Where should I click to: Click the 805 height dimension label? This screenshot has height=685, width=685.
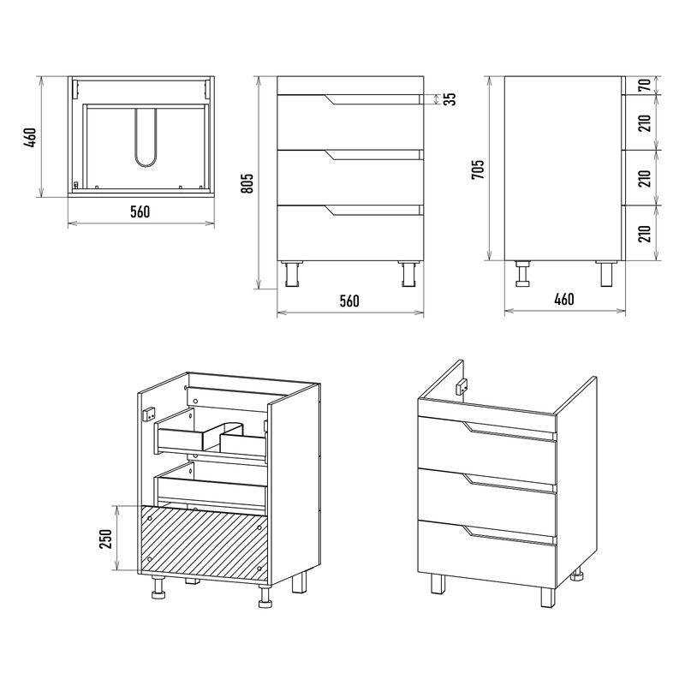[x=247, y=183]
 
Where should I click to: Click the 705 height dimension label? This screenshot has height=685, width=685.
[x=478, y=169]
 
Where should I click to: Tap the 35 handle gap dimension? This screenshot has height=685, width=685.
[x=451, y=99]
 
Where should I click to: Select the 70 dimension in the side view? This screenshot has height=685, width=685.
[x=645, y=85]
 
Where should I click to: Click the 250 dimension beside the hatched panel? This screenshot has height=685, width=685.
[x=106, y=539]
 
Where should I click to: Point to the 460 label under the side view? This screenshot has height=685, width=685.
[x=564, y=299]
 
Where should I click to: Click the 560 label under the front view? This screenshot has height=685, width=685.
[x=349, y=301]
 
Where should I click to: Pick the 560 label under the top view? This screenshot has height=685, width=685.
[x=140, y=211]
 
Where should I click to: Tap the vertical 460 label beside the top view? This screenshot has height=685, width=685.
[x=30, y=137]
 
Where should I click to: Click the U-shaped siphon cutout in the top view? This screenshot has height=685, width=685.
[x=146, y=138]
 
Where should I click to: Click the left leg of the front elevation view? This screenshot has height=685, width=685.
[x=292, y=273]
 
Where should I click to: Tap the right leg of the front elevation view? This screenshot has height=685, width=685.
[x=409, y=273]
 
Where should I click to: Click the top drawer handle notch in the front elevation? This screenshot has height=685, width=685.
[x=373, y=99]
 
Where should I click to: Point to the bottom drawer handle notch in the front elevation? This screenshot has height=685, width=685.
[x=373, y=210]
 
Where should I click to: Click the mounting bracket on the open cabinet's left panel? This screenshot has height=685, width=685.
[x=149, y=414]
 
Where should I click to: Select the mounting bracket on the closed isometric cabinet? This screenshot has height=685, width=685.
[x=462, y=386]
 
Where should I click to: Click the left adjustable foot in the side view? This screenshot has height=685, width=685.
[x=522, y=273]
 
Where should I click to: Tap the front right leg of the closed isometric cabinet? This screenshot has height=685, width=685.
[x=548, y=597]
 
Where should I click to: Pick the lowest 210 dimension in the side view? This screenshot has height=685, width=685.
[x=645, y=233]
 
